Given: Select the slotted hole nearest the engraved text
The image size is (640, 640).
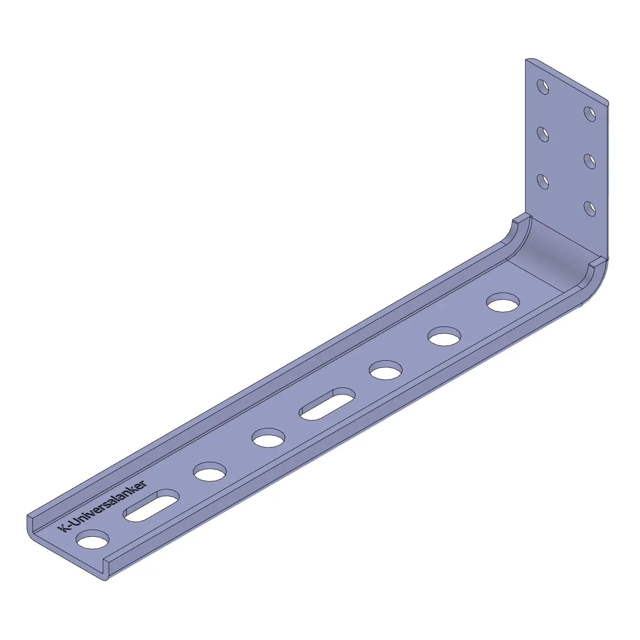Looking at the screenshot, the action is [151, 506].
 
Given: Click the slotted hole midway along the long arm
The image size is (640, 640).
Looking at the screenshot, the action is [327, 404].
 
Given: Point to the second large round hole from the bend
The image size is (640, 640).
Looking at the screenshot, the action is [445, 336].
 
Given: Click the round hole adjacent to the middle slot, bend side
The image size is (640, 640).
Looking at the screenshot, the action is [386, 370].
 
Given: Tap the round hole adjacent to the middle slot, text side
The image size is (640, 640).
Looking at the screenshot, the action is [268, 438].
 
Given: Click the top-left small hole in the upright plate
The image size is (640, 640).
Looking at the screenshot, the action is [543, 87].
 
